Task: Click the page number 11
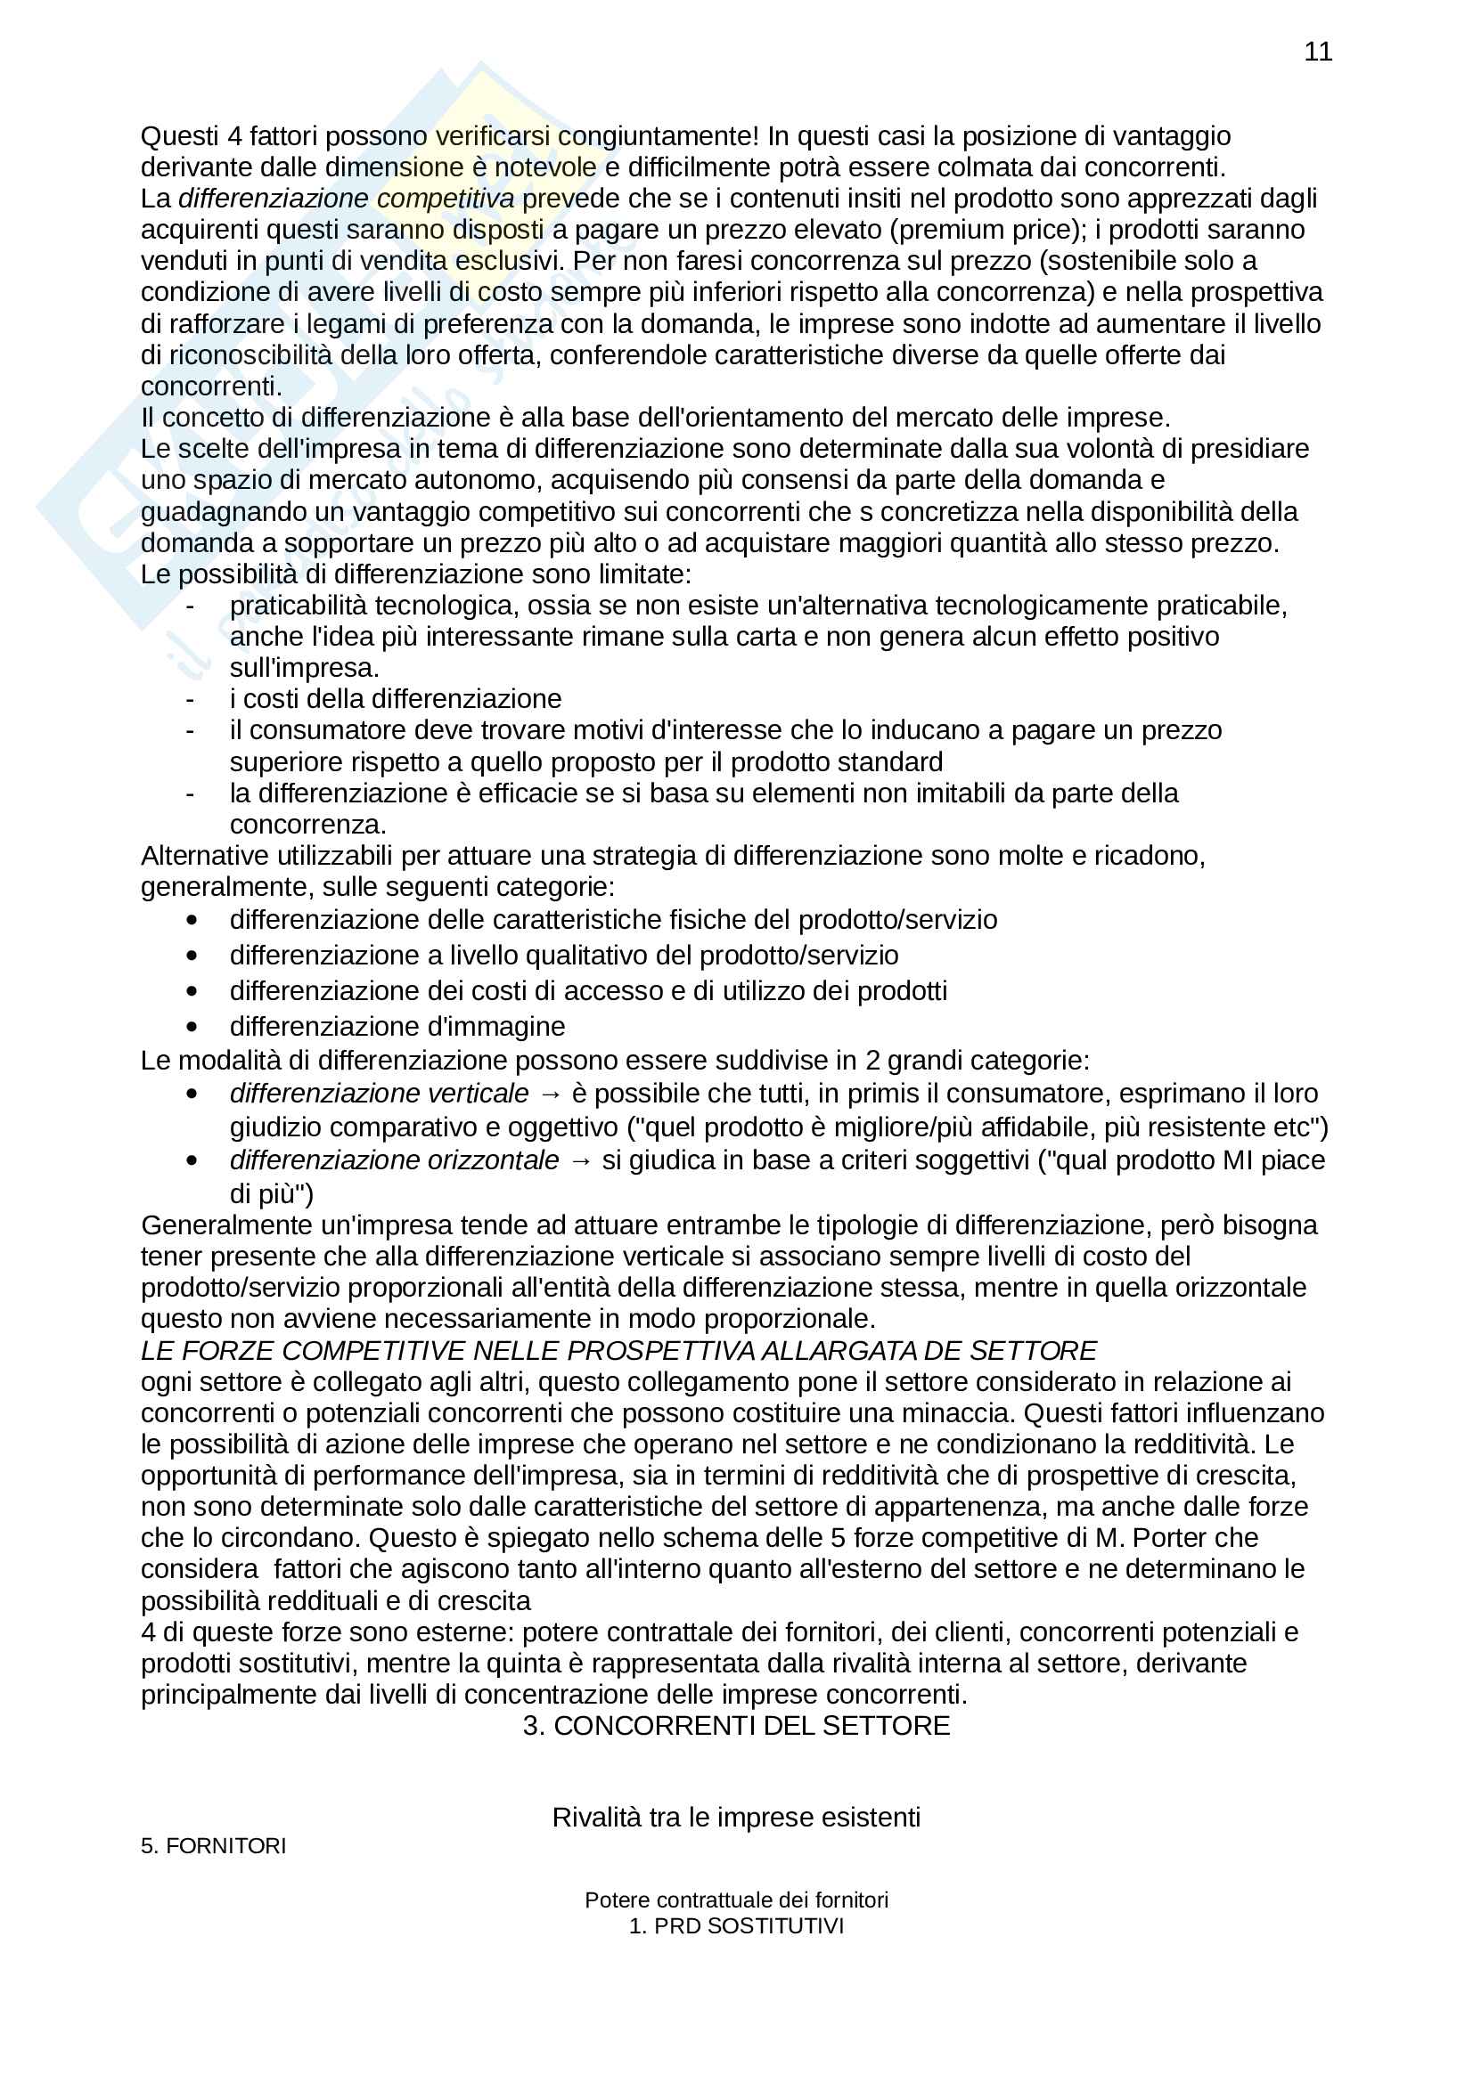pos(1317,52)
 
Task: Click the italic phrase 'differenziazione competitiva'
pos(346,199)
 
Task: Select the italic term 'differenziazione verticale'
pos(379,1094)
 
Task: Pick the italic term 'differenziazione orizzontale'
pos(394,1160)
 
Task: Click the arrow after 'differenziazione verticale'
pos(550,1094)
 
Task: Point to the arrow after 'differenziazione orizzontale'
pos(580,1161)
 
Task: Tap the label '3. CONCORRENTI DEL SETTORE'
pos(736,1726)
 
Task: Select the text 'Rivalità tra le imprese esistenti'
pos(736,1818)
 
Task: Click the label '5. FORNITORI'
pos(213,1846)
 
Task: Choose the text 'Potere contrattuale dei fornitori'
pos(736,1900)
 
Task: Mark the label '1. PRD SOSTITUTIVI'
pos(736,1926)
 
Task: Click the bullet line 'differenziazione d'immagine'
pos(397,1026)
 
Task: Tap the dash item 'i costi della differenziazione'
pos(395,698)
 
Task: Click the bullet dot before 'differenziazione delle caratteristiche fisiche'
pos(192,920)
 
